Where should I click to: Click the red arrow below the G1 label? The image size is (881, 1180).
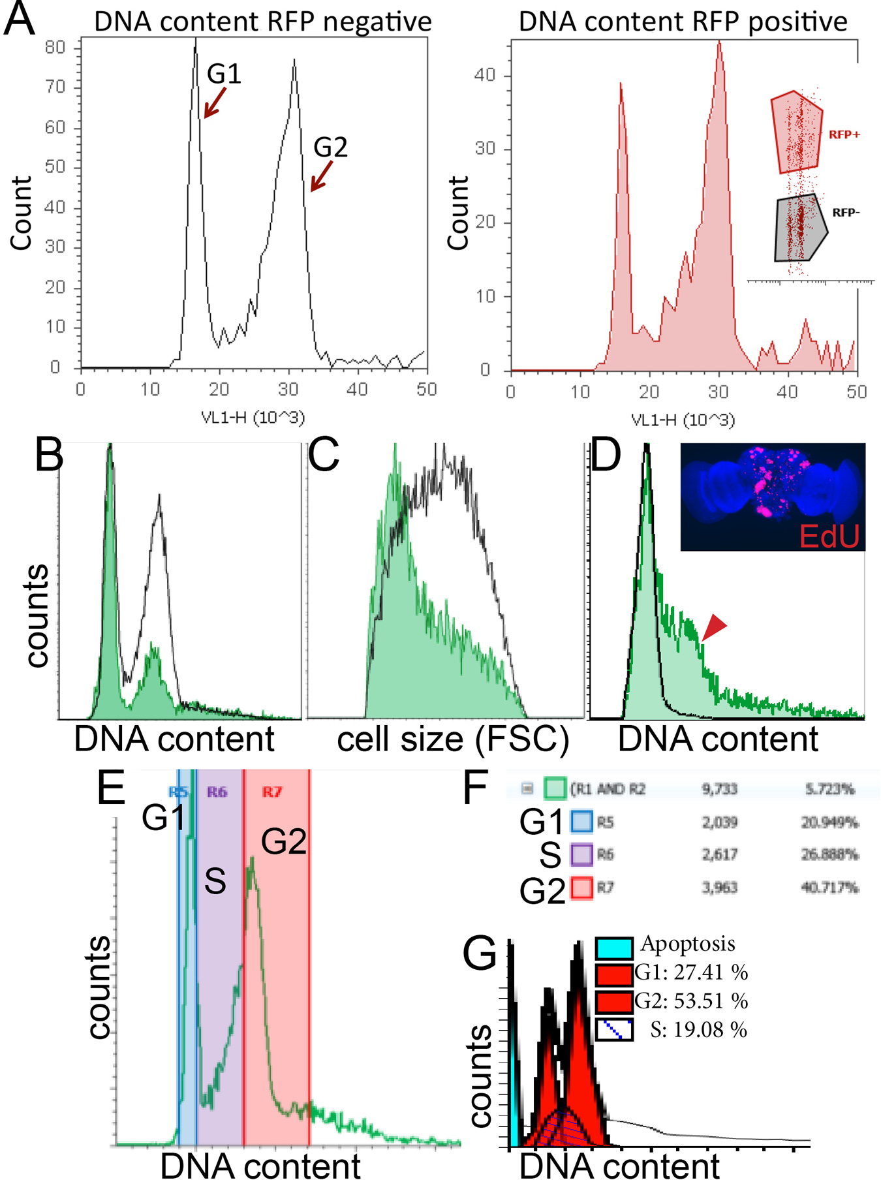pos(215,103)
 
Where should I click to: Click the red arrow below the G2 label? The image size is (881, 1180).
pos(322,176)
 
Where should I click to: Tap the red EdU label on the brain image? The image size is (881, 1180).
pos(829,536)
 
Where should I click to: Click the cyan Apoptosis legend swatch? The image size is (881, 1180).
pos(614,948)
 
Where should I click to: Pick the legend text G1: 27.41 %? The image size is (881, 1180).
pos(691,972)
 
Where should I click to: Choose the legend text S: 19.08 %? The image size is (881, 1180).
pos(699,1030)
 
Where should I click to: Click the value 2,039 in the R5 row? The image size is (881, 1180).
pos(719,822)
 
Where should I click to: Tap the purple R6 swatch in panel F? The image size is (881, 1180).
pos(582,855)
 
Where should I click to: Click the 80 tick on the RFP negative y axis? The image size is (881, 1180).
pos(55,47)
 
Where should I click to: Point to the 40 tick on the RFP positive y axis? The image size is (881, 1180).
pos(484,75)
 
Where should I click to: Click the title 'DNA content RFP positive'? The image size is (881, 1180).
pos(683,22)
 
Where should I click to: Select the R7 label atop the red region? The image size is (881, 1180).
pos(272,792)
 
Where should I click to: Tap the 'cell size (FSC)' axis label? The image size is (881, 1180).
pos(453,739)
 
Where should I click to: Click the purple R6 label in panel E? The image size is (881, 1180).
pos(217,792)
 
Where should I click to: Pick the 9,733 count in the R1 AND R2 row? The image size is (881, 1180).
pos(719,789)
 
